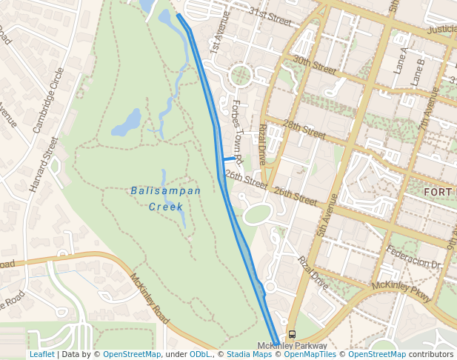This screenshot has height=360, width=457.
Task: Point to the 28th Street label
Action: tap(304, 127)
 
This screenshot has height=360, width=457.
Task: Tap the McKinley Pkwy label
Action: tap(401, 290)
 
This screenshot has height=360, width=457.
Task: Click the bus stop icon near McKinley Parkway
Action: tap(292, 334)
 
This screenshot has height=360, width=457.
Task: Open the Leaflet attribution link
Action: tap(42, 355)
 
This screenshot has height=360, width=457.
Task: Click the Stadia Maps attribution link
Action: tap(249, 355)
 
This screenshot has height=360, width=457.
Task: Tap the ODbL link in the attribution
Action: tap(199, 355)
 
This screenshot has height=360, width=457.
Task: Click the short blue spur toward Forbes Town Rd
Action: tap(228, 159)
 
